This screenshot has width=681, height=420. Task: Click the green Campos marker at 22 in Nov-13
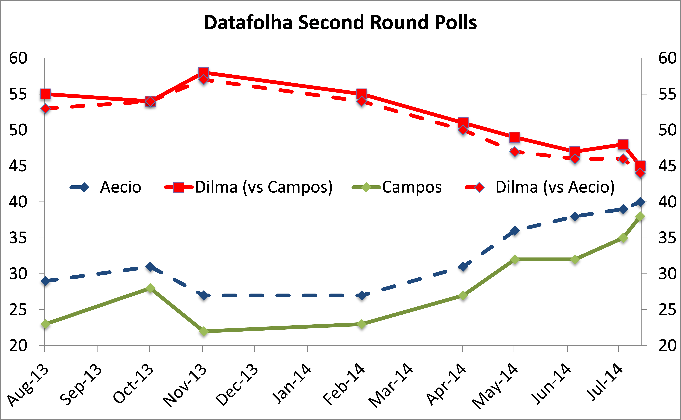pos(203,331)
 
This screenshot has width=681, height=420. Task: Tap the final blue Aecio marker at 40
pos(640,202)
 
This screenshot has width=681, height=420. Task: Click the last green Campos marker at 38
pos(640,216)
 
